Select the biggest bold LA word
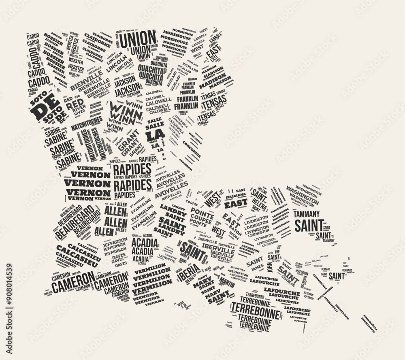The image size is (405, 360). pyautogui.click(x=156, y=134)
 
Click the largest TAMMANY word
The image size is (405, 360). pyautogui.click(x=307, y=213)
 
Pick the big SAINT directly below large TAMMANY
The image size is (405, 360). pyautogui.click(x=309, y=225)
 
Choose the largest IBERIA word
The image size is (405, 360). pyautogui.click(x=188, y=273)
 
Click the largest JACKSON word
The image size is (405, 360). pyautogui.click(x=126, y=81)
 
